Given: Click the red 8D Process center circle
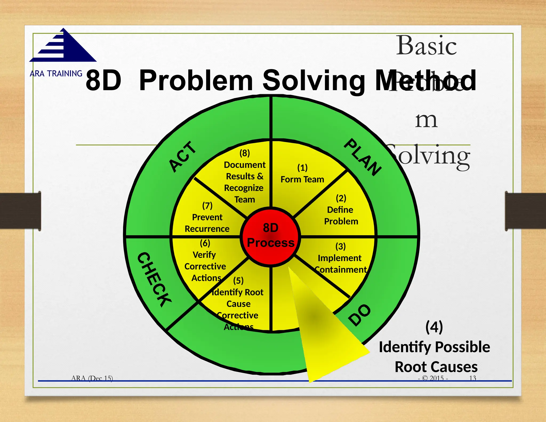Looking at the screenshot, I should coord(271,236).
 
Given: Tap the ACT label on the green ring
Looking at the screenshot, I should coord(183,157).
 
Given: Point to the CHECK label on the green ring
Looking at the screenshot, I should coord(154,279).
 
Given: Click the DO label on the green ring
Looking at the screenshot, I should coord(360,315).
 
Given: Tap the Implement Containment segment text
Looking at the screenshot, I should coord(340,264).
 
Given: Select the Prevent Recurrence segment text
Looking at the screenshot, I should coord(207,223).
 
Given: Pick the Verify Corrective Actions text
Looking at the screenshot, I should coord(205,266).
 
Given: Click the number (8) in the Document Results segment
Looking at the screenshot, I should coord(244,153).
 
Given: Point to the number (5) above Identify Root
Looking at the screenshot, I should coord(238,281).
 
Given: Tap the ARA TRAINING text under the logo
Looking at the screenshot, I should coord(56,73).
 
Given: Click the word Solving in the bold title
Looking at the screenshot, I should coord(314,81).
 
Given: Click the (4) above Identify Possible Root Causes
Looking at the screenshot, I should coord(434,327).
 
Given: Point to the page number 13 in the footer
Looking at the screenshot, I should coord(473,378).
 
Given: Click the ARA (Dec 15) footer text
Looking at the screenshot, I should coord(92,378).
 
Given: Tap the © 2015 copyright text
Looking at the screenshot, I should coord(433,378).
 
